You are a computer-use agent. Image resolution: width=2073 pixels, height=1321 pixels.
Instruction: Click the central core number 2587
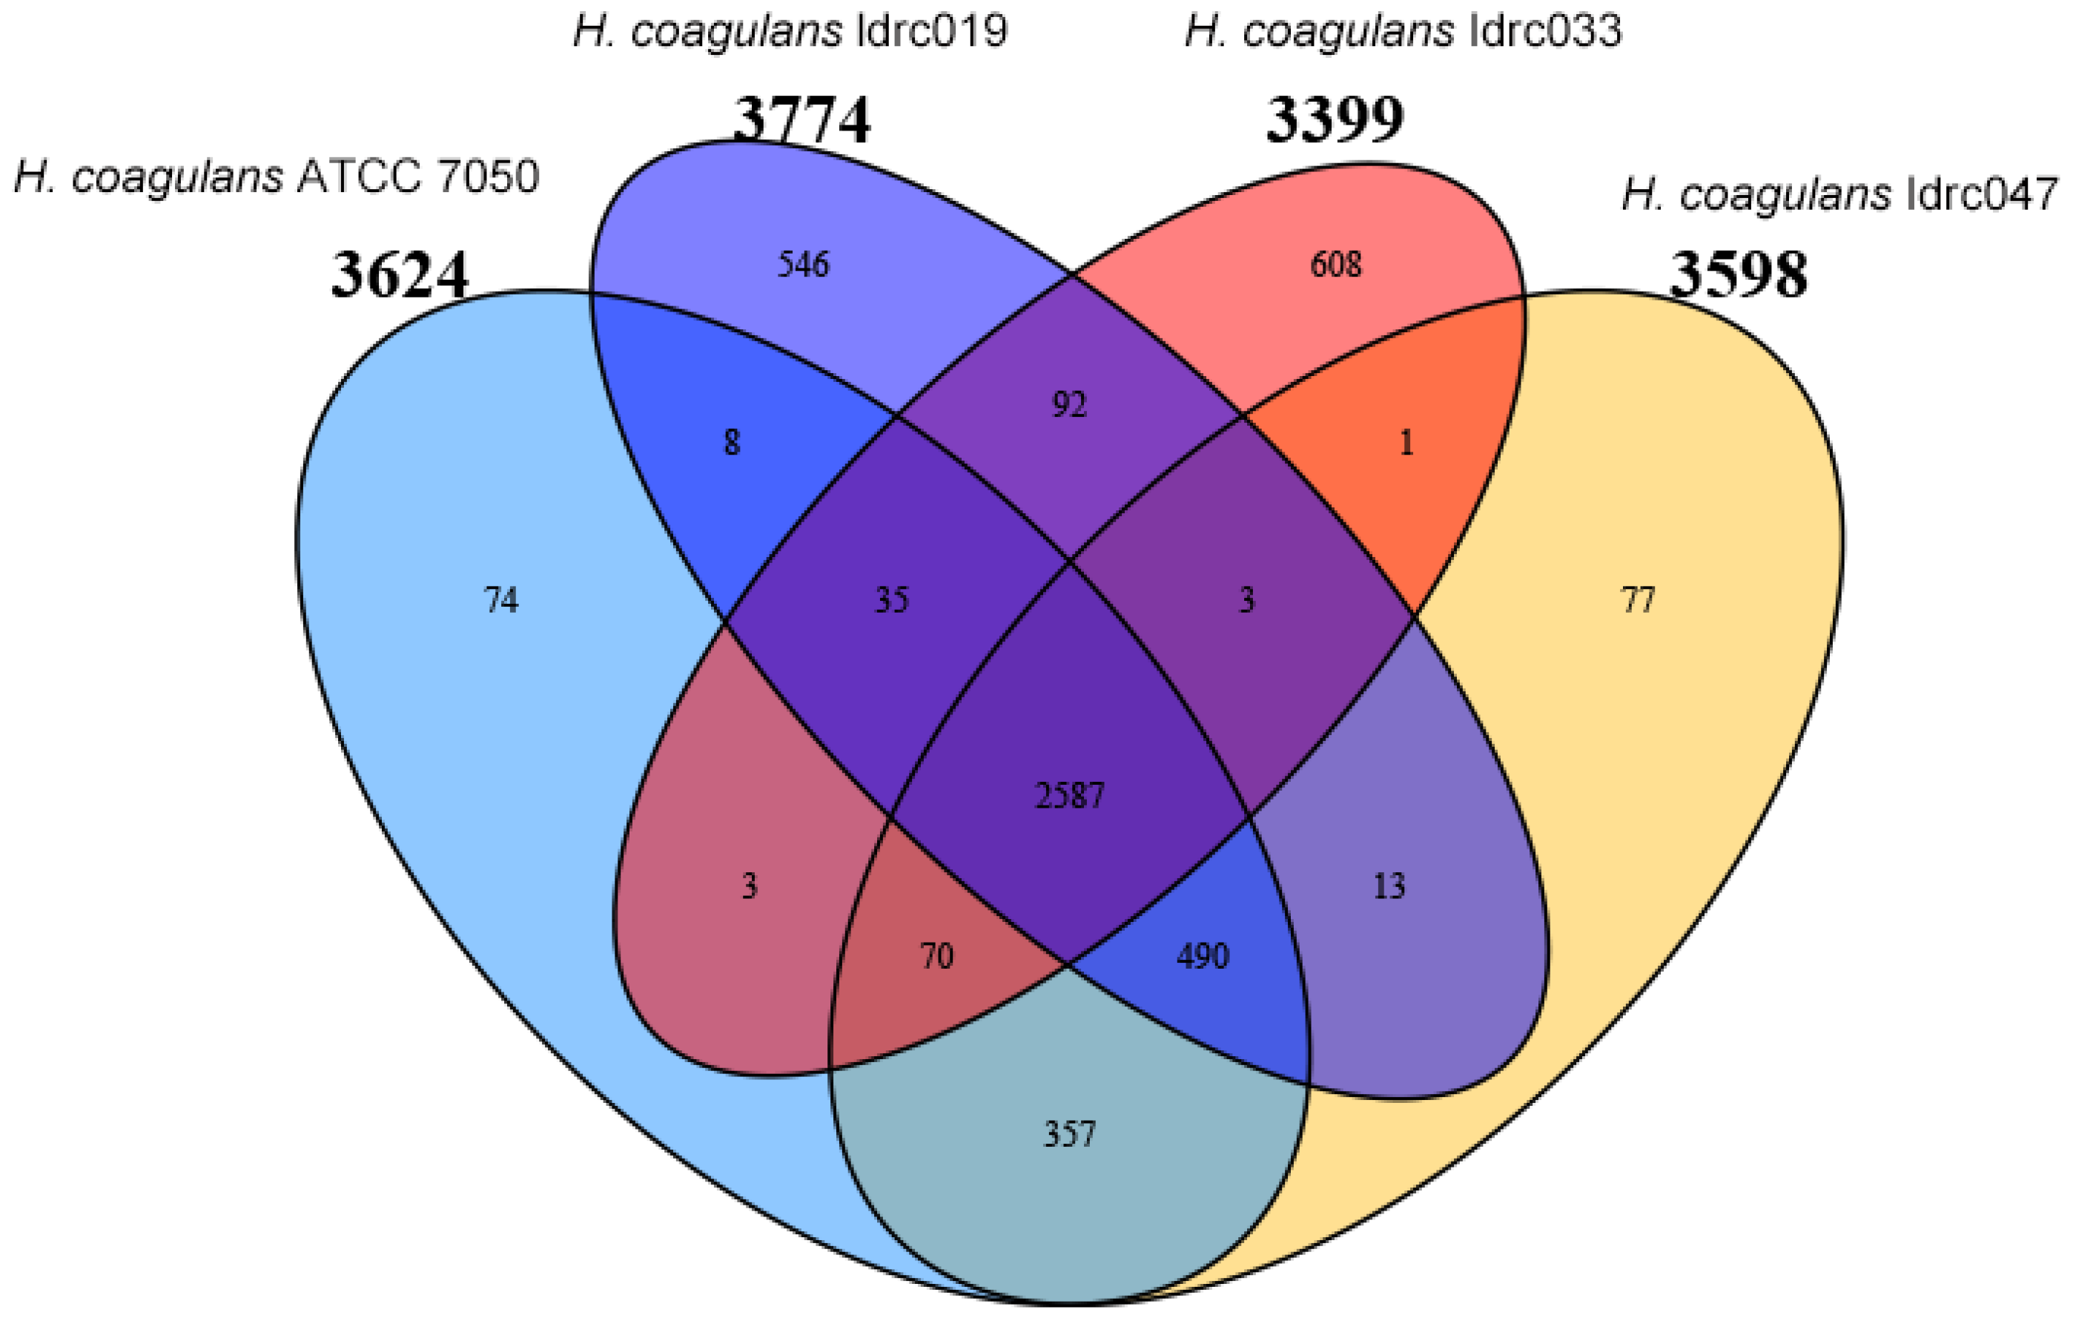click(x=1069, y=795)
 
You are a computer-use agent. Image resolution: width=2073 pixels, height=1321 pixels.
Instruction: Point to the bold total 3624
click(x=400, y=276)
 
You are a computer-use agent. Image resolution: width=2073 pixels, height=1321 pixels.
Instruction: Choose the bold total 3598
click(x=1738, y=276)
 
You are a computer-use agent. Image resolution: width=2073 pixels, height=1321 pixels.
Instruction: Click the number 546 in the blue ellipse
click(x=803, y=264)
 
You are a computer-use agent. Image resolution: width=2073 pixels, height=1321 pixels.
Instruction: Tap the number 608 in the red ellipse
click(x=1335, y=264)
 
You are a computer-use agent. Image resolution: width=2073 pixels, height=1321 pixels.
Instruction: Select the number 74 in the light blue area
click(x=501, y=599)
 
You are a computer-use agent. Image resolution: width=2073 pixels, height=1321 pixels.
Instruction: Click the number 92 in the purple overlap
click(x=1069, y=405)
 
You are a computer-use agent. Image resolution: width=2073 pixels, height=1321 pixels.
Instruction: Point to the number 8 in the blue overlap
click(x=731, y=443)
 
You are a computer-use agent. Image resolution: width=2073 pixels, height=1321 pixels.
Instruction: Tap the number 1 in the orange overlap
click(x=1406, y=443)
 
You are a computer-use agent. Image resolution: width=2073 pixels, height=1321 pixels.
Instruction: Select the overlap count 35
click(x=891, y=599)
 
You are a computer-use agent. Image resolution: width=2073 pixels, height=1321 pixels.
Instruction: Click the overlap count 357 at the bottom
click(x=1069, y=1134)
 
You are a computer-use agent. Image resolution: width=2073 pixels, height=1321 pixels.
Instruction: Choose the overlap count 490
click(x=1203, y=956)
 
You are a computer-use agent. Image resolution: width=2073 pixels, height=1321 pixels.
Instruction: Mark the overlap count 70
click(x=936, y=956)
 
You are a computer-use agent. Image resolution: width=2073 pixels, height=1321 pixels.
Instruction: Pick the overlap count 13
click(x=1389, y=886)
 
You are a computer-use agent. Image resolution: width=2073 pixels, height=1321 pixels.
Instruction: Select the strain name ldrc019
click(x=790, y=33)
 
